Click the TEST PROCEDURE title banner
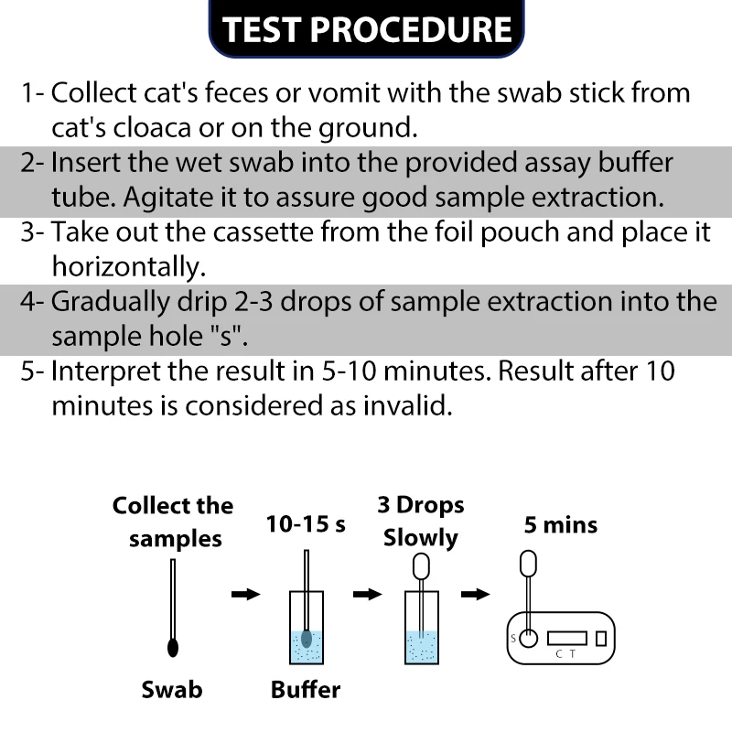367,29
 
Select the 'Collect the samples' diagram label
173,522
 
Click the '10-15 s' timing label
306,525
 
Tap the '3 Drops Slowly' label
421,521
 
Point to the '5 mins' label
561,525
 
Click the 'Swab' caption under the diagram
172,689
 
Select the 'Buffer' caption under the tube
306,689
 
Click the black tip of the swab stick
174,647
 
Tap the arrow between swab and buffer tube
245,595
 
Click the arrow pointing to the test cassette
475,595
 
